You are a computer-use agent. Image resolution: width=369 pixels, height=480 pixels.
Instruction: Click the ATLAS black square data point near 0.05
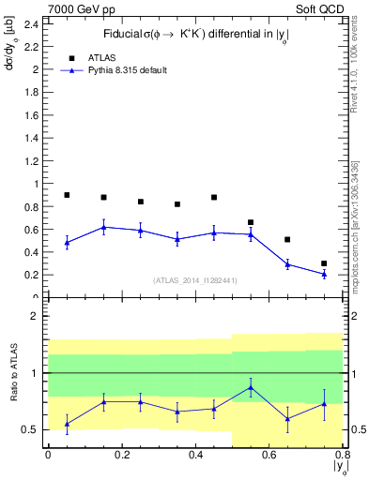tap(67, 195)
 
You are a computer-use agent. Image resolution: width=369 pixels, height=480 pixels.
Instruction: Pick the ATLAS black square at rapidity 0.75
tap(324, 263)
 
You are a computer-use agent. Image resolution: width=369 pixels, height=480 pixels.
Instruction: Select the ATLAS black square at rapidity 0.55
tap(251, 222)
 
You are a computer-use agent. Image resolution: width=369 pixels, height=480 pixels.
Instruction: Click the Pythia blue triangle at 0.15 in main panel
tap(103, 227)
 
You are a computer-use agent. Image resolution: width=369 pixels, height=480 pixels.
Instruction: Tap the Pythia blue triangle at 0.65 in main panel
tap(287, 264)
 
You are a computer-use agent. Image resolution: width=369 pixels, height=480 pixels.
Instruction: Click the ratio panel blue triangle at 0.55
tap(251, 387)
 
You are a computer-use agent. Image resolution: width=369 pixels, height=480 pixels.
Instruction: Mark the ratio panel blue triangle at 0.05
tap(67, 424)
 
